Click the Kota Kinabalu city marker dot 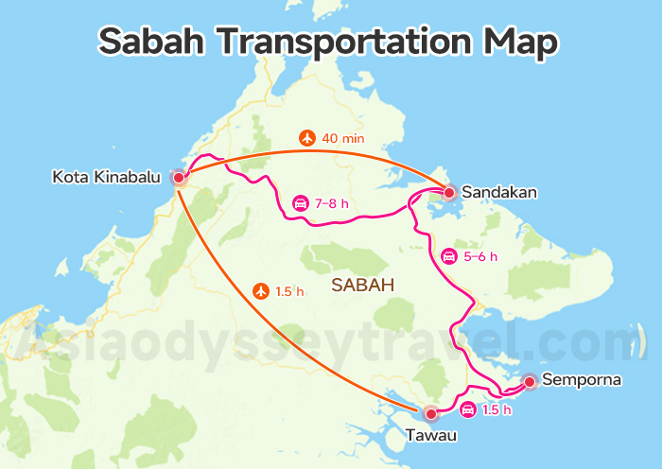179,177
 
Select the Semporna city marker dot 530,382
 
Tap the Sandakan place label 499,193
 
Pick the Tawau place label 431,436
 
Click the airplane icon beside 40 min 306,138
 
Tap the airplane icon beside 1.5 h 262,291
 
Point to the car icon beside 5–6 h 448,255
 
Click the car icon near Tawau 467,409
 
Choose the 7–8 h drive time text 332,202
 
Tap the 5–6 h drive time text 480,255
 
